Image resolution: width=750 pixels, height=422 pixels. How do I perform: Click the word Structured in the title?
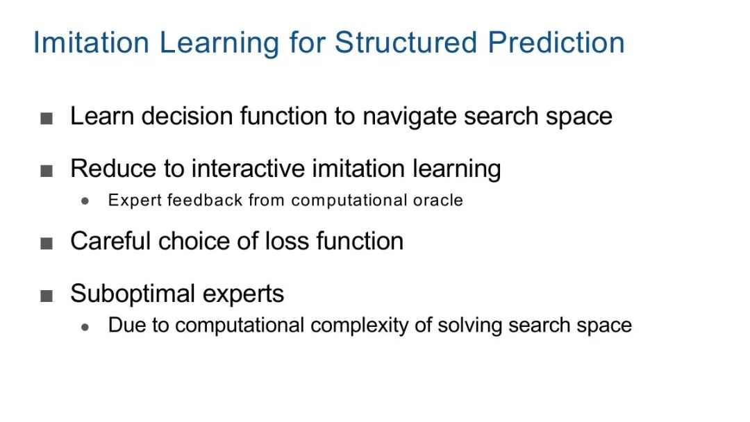click(x=406, y=42)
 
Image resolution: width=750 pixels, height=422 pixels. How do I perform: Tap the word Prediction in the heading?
click(x=556, y=42)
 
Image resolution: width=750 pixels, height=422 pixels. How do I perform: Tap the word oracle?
click(x=438, y=201)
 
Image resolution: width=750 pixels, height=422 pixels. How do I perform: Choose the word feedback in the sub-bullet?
click(x=205, y=201)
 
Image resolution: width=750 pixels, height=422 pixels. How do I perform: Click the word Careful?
click(x=111, y=241)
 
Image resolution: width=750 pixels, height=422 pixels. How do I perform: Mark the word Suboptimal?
click(x=133, y=294)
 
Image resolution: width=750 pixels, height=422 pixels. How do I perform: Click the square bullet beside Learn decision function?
click(x=47, y=118)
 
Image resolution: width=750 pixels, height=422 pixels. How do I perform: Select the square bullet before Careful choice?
click(x=47, y=243)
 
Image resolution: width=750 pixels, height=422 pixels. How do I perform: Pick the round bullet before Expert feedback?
click(x=85, y=201)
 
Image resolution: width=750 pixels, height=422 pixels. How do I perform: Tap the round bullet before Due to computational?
click(x=85, y=328)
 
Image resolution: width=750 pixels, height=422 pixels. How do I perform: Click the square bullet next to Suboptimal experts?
click(x=47, y=296)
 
